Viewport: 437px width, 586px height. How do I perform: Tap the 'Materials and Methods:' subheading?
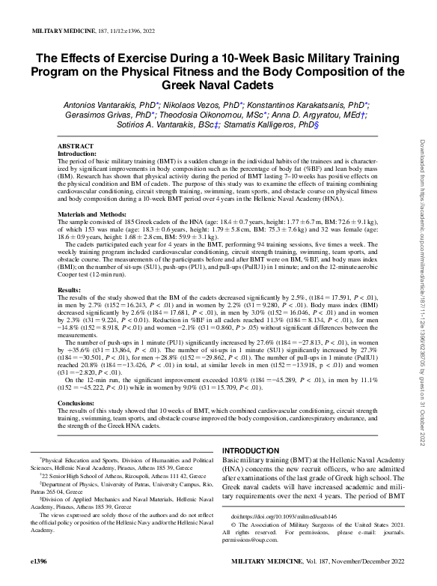point(95,214)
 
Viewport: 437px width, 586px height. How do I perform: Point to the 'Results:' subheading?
point(70,289)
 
